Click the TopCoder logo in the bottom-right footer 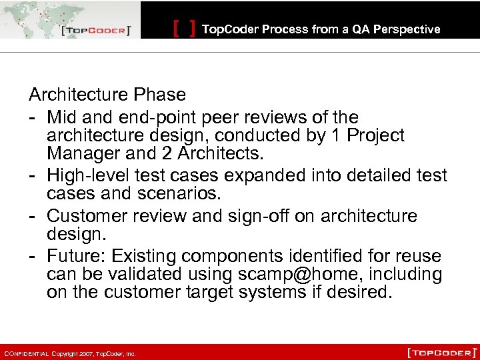[x=442, y=352]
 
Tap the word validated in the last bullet [x=143, y=274]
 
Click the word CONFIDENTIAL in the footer [x=26, y=353]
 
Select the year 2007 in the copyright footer [x=85, y=353]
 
